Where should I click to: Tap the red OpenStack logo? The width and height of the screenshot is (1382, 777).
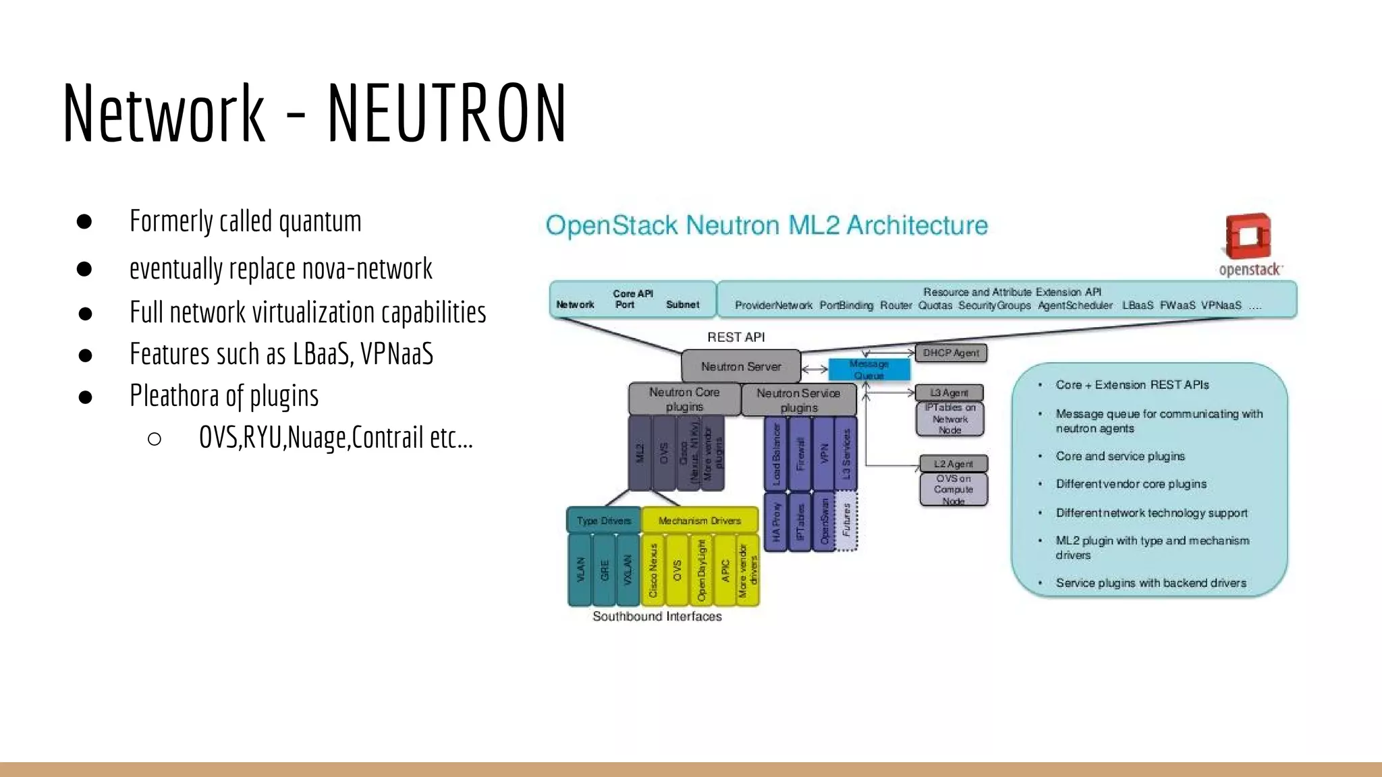(1248, 236)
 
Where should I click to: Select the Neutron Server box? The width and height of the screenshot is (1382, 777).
(741, 366)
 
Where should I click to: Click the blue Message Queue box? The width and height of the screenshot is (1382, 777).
(869, 370)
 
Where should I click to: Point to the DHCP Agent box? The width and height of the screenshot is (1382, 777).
(951, 353)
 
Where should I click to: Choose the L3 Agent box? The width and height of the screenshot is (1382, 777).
(949, 393)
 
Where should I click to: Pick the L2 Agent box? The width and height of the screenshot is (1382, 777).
(953, 463)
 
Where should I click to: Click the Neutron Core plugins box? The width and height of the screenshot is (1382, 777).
(684, 399)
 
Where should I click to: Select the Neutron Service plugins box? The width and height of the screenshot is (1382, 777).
(799, 400)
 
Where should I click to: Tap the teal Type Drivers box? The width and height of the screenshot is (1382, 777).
(604, 520)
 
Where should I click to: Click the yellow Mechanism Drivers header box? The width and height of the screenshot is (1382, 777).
(700, 520)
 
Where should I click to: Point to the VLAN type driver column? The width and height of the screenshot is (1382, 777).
(580, 570)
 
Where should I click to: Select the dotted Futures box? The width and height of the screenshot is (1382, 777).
(846, 520)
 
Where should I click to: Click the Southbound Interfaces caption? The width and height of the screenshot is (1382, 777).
(657, 616)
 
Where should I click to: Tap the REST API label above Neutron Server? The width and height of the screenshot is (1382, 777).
(736, 337)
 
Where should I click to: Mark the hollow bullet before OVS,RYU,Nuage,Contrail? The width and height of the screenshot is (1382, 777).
(155, 439)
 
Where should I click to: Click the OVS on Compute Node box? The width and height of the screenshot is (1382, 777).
(953, 490)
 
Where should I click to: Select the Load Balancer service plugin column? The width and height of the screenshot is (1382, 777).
(776, 453)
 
